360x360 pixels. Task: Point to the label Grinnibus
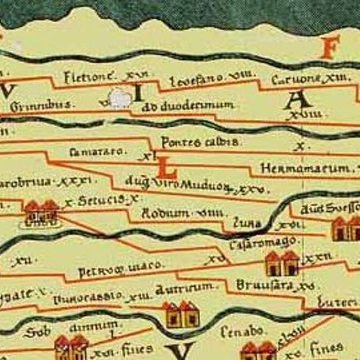click(x=41, y=105)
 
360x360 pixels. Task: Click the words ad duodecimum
click(x=189, y=105)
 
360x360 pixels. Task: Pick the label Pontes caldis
click(x=192, y=142)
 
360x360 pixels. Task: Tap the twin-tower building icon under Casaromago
click(x=281, y=264)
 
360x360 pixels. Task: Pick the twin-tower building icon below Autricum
click(x=180, y=313)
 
